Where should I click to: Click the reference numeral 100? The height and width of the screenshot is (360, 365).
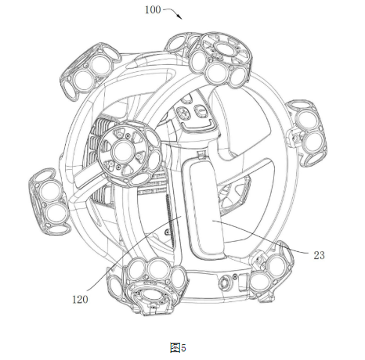point(153,10)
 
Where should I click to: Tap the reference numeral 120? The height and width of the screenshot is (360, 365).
point(80,299)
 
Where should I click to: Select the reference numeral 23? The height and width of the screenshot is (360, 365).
point(319,255)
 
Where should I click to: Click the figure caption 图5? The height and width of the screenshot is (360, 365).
point(178,347)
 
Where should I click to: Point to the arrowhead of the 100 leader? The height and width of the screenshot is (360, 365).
point(179,17)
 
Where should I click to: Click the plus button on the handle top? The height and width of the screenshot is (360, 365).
point(184,113)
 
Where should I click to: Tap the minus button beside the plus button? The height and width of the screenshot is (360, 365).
point(200,111)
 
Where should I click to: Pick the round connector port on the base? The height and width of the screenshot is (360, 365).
point(224,283)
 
